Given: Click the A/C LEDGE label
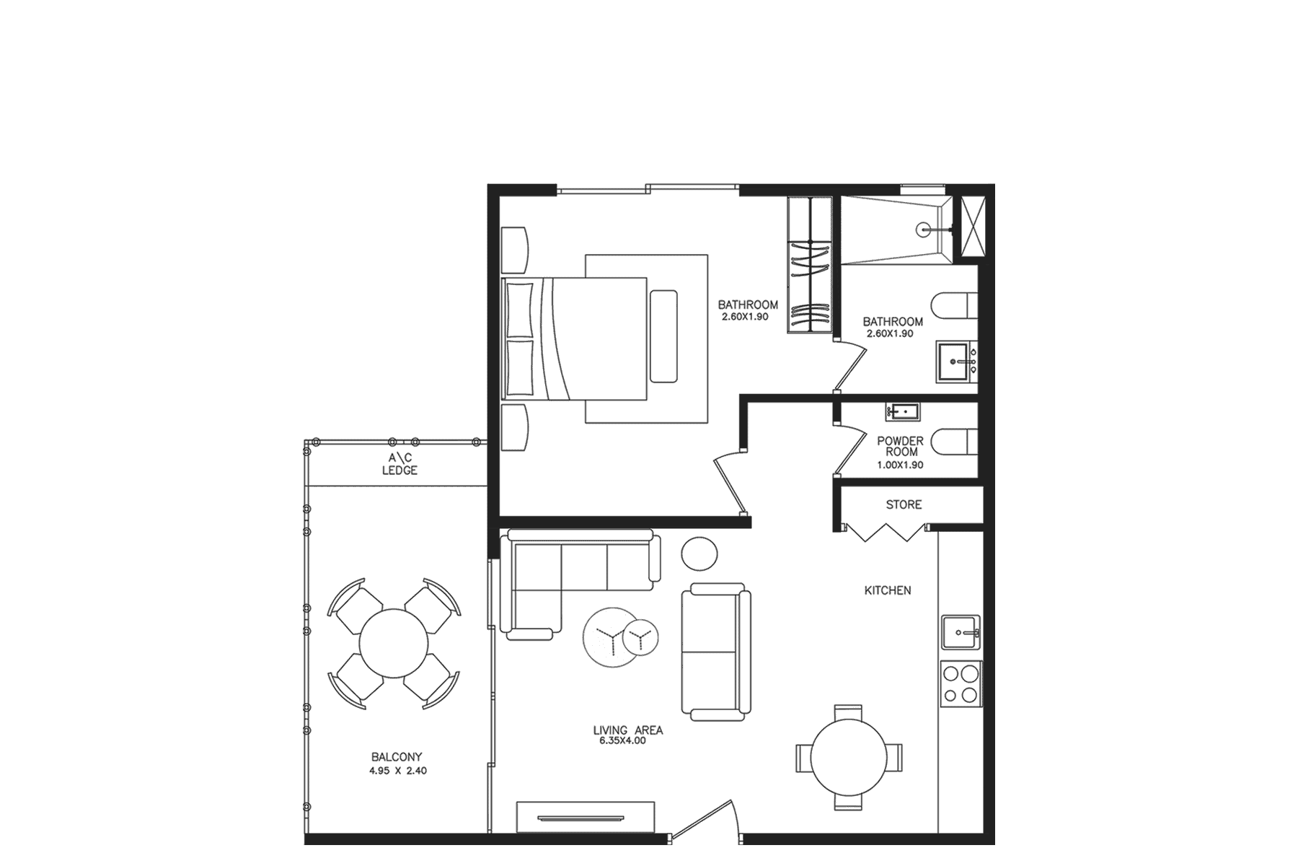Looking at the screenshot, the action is coord(399,464).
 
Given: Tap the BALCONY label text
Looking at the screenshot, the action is coord(397,757).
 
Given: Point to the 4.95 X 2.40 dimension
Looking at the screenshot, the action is coord(398,771).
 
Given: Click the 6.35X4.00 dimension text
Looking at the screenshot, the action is coord(622,740).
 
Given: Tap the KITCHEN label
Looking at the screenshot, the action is coord(888,590).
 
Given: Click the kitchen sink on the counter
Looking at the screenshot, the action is coord(961,633).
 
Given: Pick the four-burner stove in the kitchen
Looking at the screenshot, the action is coord(961,684).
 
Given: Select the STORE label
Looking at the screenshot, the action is coord(904,504).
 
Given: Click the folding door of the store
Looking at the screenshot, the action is coord(886,533).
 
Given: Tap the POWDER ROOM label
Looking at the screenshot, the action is coord(900,446).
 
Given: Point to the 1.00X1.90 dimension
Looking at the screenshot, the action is coord(900,465).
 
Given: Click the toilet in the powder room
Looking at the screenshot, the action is coord(954,440).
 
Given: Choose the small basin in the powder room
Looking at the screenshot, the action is coord(903,412).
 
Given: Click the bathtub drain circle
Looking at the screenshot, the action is coord(924,230).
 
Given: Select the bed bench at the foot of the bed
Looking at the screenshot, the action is coord(663,336).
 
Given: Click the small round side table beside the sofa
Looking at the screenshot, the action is coord(699,554).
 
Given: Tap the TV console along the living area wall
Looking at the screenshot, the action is coord(586,818).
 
